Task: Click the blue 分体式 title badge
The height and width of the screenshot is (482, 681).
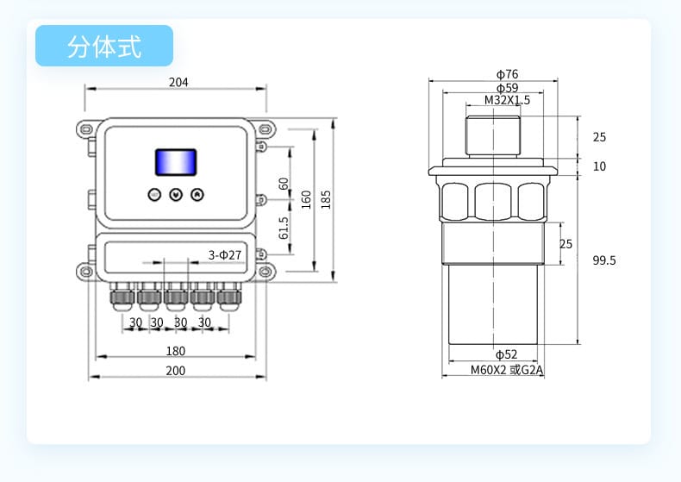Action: point(104,46)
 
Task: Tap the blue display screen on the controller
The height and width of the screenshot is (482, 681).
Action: point(175,162)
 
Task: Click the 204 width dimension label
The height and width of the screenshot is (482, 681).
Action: point(178,83)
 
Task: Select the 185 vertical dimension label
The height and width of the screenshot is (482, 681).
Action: point(326,199)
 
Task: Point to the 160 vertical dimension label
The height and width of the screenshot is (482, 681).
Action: point(306,199)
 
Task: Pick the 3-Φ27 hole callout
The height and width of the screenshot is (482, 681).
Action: point(225,255)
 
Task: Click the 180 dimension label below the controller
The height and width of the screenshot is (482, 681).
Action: point(175,351)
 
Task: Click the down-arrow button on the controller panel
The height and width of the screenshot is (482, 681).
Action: point(176,195)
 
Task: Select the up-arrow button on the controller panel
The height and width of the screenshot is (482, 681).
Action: point(197,195)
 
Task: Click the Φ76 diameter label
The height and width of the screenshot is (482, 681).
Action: point(507,74)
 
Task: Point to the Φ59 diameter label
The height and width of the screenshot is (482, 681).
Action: point(507,88)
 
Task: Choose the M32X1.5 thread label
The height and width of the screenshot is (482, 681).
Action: point(507,100)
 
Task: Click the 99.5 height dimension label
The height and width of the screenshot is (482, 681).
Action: point(604,260)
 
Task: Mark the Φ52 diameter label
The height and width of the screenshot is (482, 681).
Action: point(506,354)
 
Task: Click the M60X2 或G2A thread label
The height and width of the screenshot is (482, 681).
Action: point(508,371)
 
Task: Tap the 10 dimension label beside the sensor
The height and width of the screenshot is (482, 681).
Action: point(599,166)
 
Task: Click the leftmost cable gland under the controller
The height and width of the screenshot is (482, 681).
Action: point(120,298)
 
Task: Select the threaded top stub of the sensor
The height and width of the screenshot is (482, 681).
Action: point(492,135)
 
